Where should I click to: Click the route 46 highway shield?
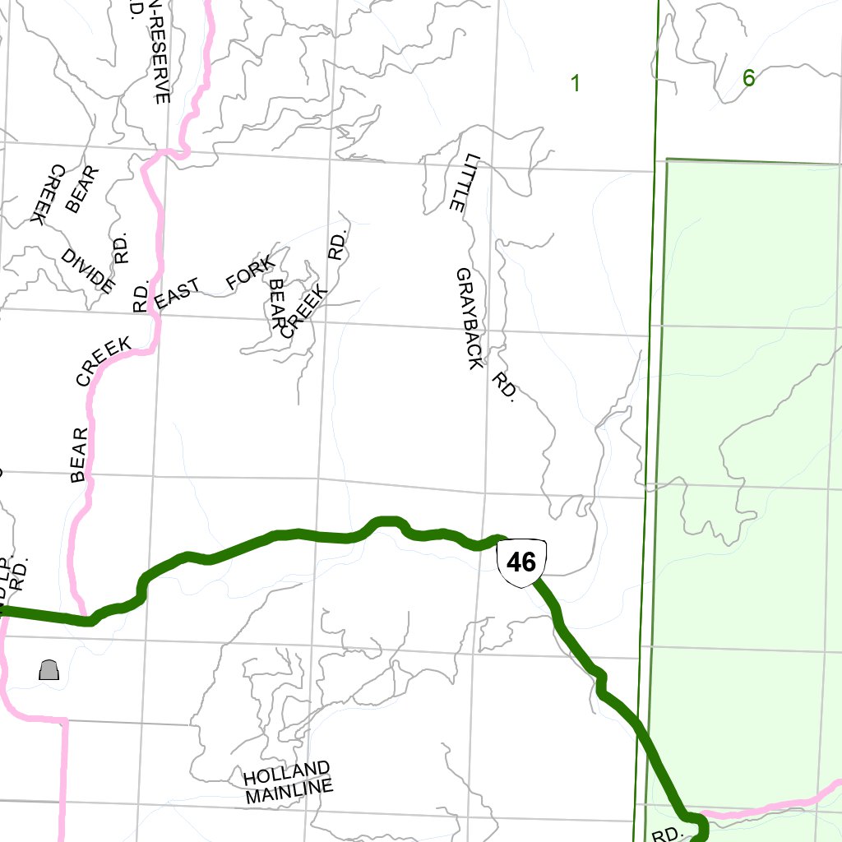pyautogui.click(x=522, y=563)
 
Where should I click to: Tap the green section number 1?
pyautogui.click(x=576, y=82)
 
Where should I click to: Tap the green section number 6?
pyautogui.click(x=748, y=78)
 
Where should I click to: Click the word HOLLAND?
pyautogui.click(x=286, y=773)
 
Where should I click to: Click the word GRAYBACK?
pyautogui.click(x=470, y=318)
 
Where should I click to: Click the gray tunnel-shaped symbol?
pyautogui.click(x=49, y=670)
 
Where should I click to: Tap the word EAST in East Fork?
pyautogui.click(x=178, y=294)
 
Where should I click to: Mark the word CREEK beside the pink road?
pyautogui.click(x=104, y=361)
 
